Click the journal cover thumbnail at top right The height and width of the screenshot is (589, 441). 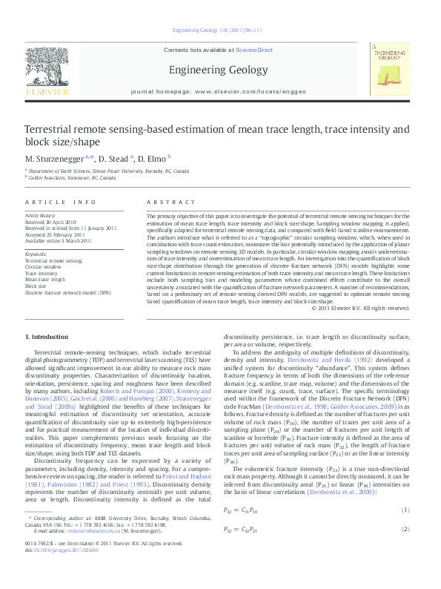(x=390, y=69)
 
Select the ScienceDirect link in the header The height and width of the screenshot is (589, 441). (x=254, y=50)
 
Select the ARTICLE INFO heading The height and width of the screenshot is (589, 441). (x=61, y=203)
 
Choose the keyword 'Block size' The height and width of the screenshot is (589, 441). (x=36, y=286)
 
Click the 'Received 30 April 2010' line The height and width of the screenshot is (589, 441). (x=51, y=222)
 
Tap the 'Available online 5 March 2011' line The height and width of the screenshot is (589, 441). (x=59, y=240)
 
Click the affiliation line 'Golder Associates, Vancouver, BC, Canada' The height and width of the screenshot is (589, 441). (x=73, y=178)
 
